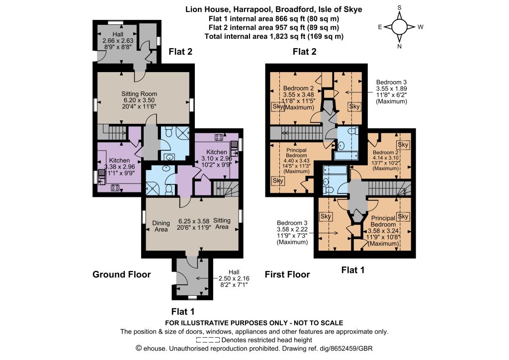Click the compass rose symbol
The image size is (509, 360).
400,27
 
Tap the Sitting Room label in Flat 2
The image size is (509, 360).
139,94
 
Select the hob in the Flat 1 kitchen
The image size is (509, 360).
219,137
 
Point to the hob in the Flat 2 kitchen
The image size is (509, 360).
115,187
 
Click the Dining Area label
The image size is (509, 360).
161,226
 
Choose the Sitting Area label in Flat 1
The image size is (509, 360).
222,223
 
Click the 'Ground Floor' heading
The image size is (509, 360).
122,274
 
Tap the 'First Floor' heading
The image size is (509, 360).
287,274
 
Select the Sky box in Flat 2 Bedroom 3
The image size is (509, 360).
354,106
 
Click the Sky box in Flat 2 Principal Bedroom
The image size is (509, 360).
278,181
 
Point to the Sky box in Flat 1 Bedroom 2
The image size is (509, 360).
403,145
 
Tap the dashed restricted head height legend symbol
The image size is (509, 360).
208,340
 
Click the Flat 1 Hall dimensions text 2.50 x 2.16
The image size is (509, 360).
234,278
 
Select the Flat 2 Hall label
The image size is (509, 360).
118,34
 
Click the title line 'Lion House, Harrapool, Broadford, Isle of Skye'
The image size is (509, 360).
274,9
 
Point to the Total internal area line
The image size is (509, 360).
274,36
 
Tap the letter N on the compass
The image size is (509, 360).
400,46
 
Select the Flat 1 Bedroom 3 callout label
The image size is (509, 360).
292,232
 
